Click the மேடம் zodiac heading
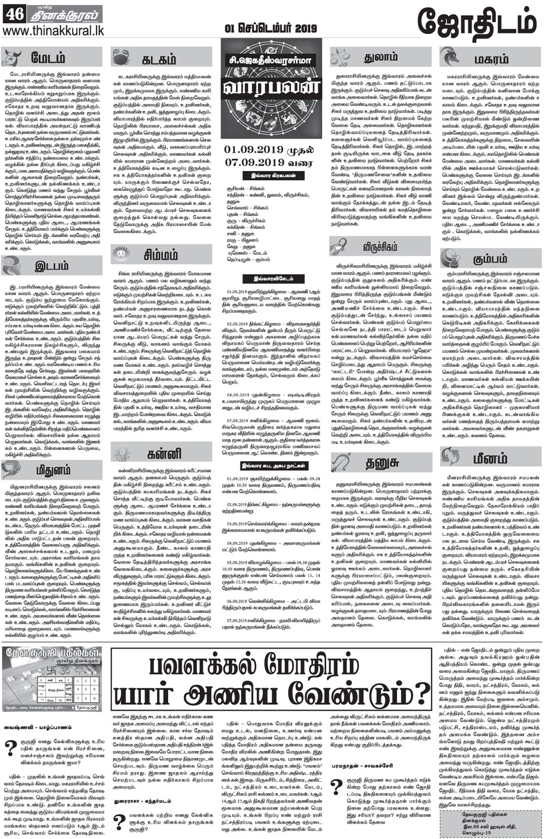point(47,56)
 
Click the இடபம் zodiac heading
point(52,266)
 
